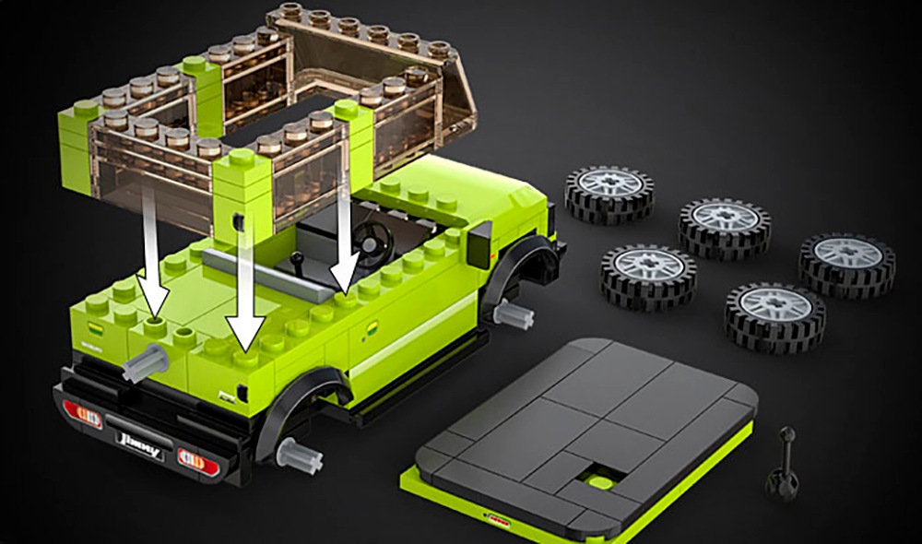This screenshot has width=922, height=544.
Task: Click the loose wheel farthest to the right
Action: point(846,263)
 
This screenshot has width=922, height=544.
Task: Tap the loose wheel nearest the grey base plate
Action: point(774,316)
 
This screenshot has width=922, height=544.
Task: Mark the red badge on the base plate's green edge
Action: point(499,519)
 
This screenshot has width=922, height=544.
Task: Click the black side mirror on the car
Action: point(480,242)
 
